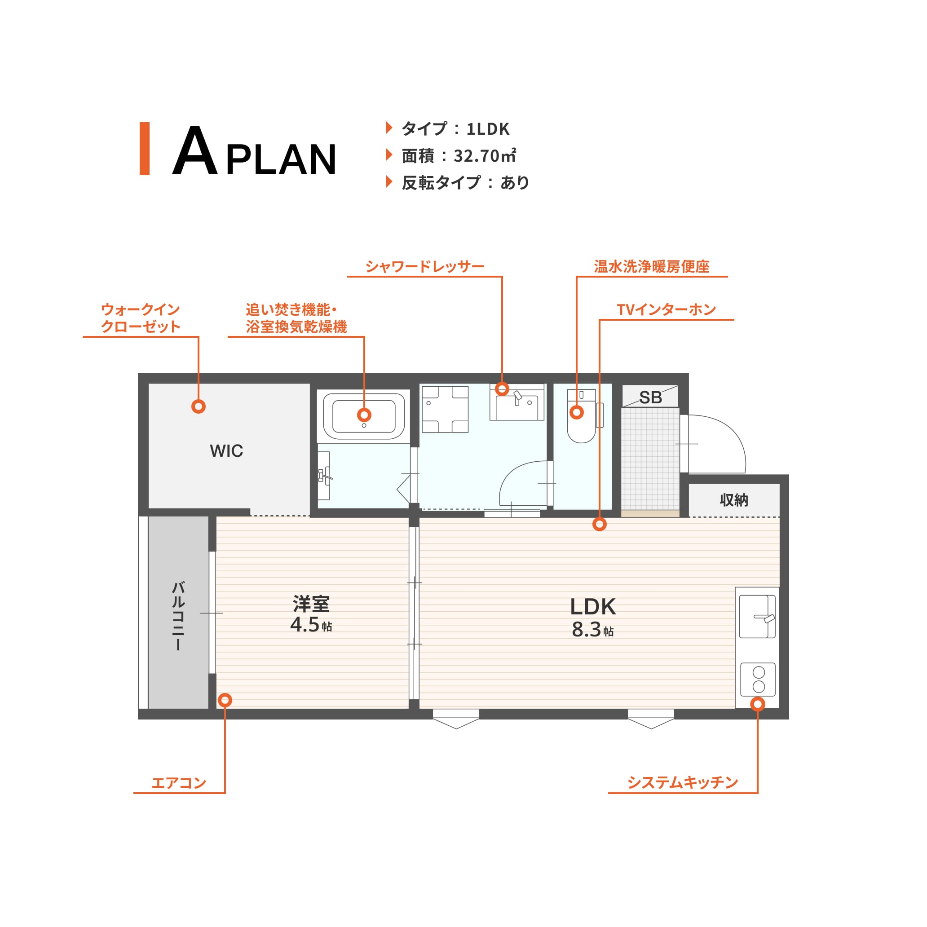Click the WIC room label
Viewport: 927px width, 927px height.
tap(226, 451)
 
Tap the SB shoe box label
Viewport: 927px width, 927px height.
tap(651, 397)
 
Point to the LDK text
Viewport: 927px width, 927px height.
tap(593, 606)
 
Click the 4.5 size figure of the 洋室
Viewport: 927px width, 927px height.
tap(305, 624)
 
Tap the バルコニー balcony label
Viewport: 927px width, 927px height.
tap(178, 616)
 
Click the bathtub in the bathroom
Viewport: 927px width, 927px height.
tap(364, 416)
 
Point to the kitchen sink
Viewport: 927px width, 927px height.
tap(757, 617)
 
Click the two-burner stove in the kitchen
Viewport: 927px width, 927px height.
tap(758, 680)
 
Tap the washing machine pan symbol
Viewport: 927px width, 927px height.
tap(445, 409)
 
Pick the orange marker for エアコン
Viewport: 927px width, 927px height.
tap(225, 700)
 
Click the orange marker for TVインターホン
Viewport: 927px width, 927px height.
tap(599, 524)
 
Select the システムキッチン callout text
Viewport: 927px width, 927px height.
tap(682, 782)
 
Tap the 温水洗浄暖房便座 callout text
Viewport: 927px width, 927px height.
tap(652, 266)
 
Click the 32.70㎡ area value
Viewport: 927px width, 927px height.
tap(485, 156)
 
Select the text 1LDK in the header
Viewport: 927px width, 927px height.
tap(488, 129)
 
